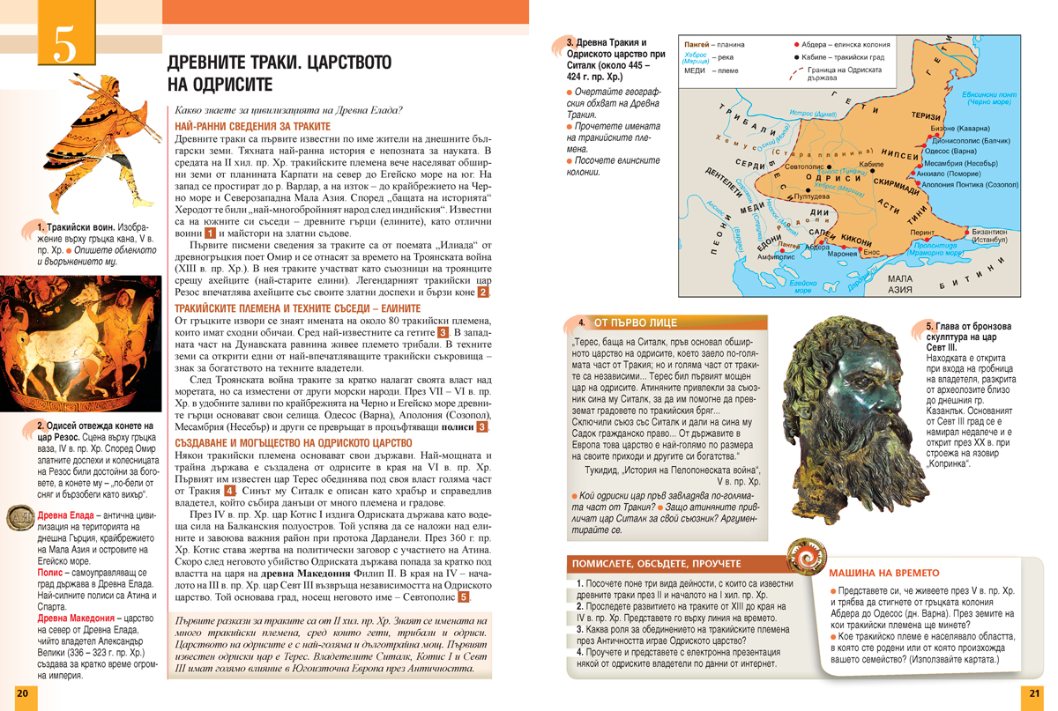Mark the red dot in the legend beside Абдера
pyautogui.click(x=796, y=44)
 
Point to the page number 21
pyautogui.click(x=1035, y=694)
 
